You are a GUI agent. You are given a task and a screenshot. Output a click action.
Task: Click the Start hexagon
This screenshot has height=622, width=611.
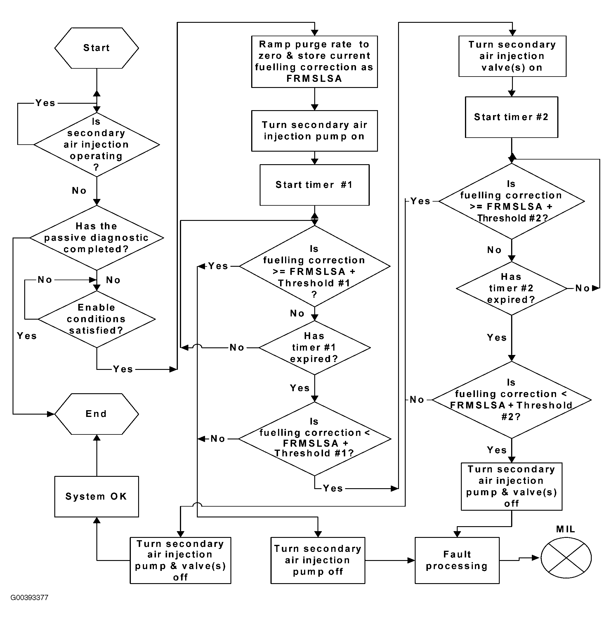97,48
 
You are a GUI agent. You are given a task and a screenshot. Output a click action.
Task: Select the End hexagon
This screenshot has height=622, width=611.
97,414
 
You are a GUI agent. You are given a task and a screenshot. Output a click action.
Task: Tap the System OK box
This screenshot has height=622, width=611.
97,496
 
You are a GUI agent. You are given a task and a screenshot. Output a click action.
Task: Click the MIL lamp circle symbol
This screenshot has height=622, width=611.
566,558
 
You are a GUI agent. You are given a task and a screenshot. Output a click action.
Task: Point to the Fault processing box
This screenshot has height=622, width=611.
457,560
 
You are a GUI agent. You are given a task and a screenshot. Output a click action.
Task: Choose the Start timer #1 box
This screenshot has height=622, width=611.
315,185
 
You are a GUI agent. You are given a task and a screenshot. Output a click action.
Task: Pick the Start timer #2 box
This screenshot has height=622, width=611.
511,117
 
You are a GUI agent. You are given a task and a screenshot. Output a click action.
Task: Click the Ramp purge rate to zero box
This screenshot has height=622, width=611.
315,62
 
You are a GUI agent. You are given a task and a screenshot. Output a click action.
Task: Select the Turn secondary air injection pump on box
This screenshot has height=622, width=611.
315,131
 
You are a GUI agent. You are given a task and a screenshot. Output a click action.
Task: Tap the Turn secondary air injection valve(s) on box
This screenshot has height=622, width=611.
513,56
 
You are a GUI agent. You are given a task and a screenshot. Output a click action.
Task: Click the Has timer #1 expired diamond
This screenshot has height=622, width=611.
315,348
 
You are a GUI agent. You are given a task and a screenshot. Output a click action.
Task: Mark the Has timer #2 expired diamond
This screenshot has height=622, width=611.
511,288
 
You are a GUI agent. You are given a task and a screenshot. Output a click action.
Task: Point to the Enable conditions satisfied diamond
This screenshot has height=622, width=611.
97,319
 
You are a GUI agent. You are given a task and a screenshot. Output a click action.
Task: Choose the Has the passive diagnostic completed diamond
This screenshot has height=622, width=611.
97,238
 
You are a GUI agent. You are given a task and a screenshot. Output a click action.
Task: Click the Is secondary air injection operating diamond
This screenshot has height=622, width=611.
97,144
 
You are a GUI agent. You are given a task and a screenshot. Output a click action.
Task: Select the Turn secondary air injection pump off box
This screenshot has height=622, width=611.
318,560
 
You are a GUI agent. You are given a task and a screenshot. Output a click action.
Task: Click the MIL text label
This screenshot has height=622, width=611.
565,529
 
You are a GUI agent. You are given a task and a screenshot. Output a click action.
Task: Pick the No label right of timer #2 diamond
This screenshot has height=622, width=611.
582,288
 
